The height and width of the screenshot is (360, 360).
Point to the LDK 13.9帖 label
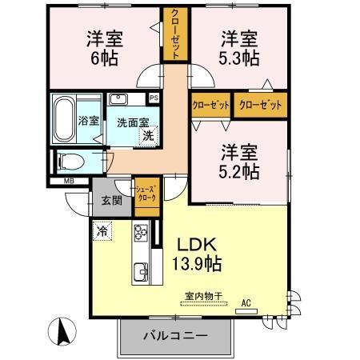[x=194, y=253]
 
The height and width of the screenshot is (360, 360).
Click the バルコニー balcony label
[x=175, y=335]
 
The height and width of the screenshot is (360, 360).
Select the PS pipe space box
[x=154, y=98]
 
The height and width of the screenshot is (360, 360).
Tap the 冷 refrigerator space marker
[x=102, y=230]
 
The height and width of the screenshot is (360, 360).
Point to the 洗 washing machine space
[x=148, y=136]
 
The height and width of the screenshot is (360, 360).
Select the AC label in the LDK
[x=247, y=302]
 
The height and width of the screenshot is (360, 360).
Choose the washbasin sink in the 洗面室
[x=119, y=99]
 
